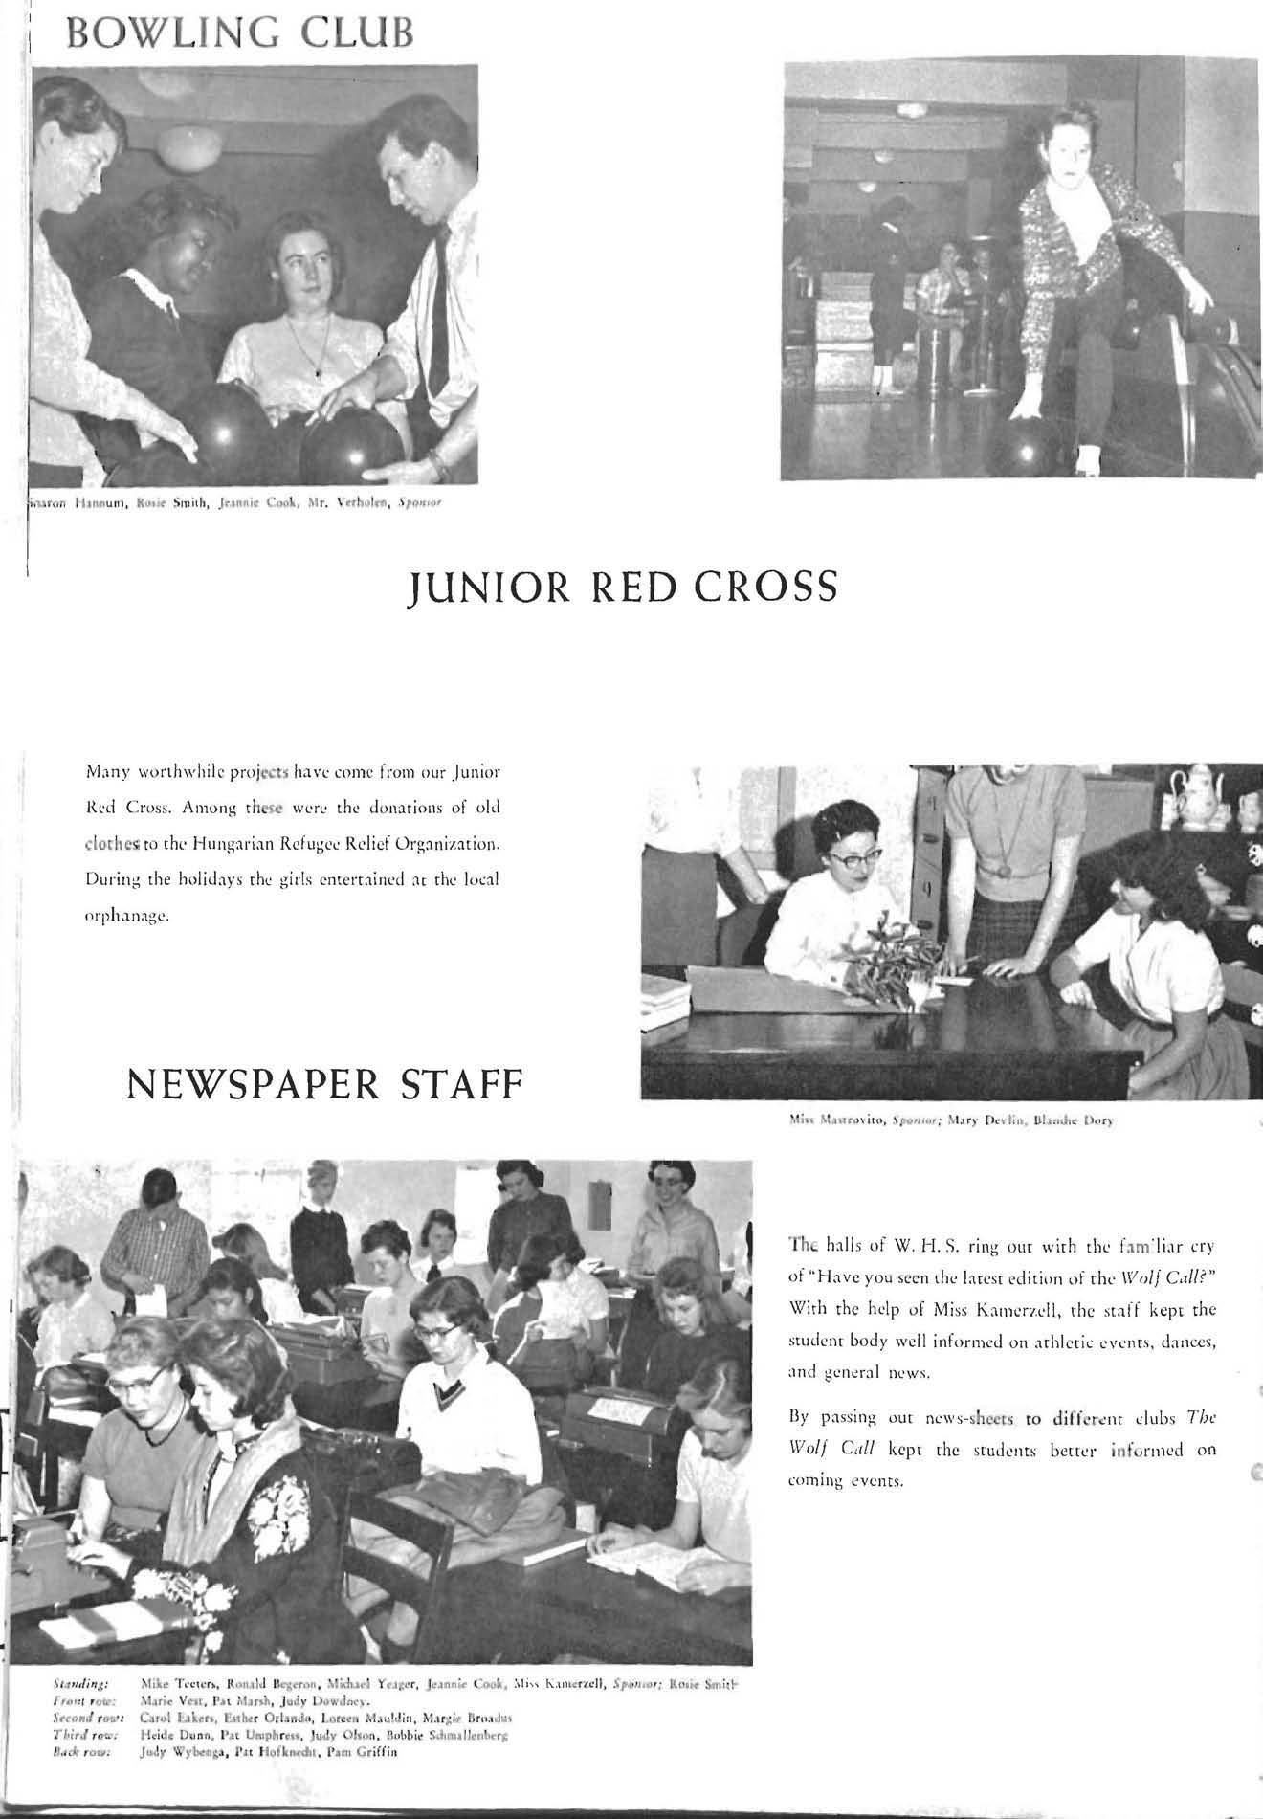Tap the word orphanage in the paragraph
128,916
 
